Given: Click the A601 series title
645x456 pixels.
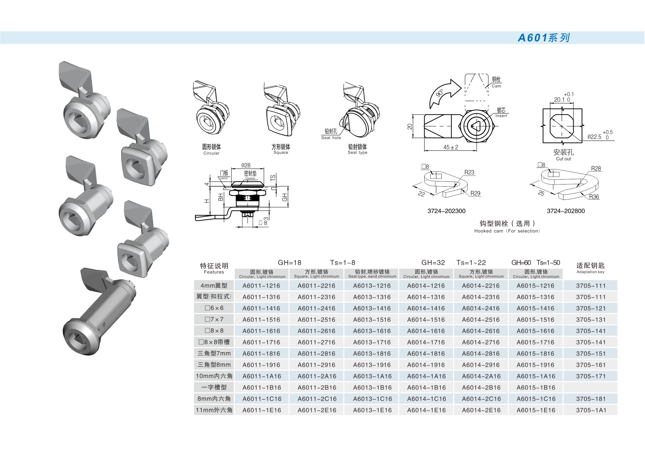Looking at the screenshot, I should [544, 38].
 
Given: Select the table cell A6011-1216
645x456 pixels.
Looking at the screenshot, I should [261, 286].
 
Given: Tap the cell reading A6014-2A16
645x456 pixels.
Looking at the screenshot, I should [481, 376].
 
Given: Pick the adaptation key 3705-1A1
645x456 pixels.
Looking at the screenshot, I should [591, 410].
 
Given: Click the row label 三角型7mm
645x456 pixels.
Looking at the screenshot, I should [214, 353].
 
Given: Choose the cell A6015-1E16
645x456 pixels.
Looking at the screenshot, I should [536, 410].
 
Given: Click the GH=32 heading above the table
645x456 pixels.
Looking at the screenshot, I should [433, 263].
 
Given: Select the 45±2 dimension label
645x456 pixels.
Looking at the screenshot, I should [450, 147].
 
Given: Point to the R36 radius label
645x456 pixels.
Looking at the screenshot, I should [594, 197].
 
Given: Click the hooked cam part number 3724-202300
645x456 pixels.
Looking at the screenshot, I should [446, 211].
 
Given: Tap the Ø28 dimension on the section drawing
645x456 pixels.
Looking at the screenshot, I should [246, 165].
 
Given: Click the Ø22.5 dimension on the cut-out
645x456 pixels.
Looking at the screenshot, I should [594, 137].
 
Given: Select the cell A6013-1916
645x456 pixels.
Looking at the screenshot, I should [372, 365].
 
